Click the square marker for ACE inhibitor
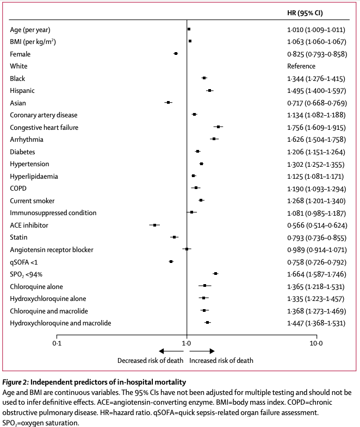point(155,225)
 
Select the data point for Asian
point(169,103)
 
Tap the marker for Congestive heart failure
point(218,127)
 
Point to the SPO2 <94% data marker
point(215,274)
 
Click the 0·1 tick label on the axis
point(57,343)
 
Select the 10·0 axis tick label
point(316,343)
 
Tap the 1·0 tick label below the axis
point(187,343)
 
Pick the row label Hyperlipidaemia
point(34,176)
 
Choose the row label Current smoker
point(32,200)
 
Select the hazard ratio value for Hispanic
point(316,91)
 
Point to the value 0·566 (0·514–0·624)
point(316,225)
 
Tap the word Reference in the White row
point(301,66)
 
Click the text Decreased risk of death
point(151,360)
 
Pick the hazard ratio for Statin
point(316,237)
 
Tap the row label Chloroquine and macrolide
point(49,311)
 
